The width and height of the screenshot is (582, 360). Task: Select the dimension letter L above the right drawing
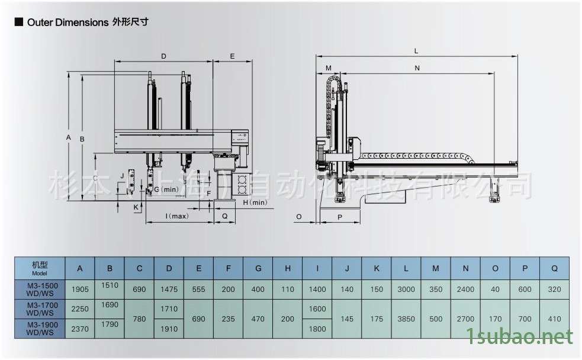[x=417, y=52]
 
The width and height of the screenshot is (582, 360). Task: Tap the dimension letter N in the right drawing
[x=417, y=68]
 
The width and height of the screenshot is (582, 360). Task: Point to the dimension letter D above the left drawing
[x=163, y=56]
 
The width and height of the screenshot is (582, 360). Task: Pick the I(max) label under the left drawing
[x=177, y=216]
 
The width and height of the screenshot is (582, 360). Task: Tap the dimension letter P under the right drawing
[x=340, y=217]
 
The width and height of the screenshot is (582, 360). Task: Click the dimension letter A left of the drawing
[x=69, y=137]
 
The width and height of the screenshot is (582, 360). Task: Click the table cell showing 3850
[x=406, y=319]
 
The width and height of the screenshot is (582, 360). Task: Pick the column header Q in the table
[x=554, y=268]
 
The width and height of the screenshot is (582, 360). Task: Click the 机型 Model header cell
[x=40, y=268]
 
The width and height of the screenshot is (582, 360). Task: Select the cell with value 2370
[x=80, y=329]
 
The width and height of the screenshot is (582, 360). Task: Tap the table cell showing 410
[x=554, y=319]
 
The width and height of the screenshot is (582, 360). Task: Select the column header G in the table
[x=258, y=268]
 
